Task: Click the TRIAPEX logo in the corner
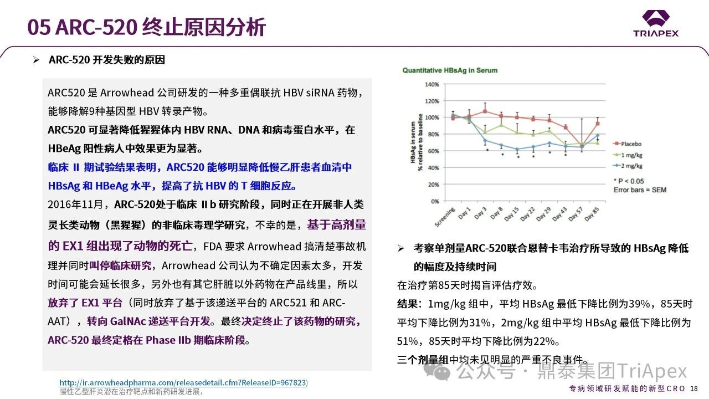[x=656, y=23]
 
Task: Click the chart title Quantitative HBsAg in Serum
[x=450, y=70]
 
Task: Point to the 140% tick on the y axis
[x=431, y=84]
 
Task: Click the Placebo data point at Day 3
[x=485, y=111]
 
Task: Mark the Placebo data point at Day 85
[x=598, y=124]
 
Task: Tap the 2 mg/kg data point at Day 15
[x=517, y=149]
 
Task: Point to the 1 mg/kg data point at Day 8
[x=501, y=125]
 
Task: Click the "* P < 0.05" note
[x=629, y=181]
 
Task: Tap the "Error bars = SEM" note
[x=640, y=190]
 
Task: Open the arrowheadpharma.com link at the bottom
[x=183, y=382]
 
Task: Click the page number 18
[x=694, y=388]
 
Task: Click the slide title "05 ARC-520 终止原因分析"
[x=147, y=27]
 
